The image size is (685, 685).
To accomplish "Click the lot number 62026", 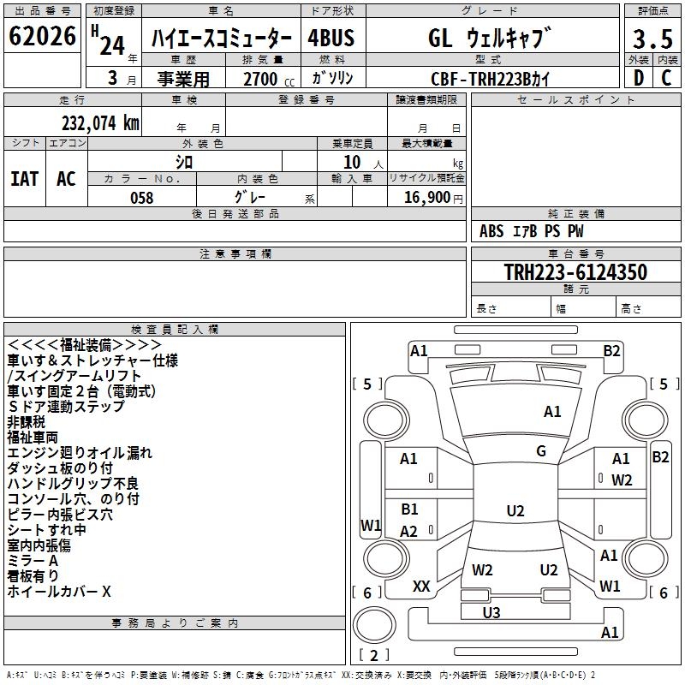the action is tap(42, 36).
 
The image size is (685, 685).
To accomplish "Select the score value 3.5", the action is tap(652, 39).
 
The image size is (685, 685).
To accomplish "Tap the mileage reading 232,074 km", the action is tap(100, 123).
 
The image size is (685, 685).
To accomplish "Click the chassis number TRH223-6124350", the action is tap(575, 271).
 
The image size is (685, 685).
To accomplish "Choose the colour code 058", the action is tap(142, 198).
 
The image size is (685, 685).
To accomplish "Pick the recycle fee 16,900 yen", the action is tap(433, 198).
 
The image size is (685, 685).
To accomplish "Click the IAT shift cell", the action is tap(25, 179).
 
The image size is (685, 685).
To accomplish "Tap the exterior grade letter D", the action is tap(639, 78).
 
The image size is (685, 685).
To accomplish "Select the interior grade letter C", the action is tap(666, 78).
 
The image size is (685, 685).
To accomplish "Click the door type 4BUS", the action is tap(331, 38).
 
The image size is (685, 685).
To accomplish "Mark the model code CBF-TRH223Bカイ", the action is tap(490, 79).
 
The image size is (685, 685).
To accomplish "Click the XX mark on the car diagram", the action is tap(421, 587).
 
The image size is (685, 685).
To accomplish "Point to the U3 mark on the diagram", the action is tap(491, 612).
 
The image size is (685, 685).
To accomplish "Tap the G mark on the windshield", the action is tap(541, 451).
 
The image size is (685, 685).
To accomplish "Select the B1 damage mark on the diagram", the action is tap(409, 509).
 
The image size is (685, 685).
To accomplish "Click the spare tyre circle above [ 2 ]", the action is tap(374, 625).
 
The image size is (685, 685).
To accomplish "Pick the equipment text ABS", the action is tap(491, 231).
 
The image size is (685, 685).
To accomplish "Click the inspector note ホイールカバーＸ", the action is tap(59, 592).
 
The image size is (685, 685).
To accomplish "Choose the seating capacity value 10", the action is tap(352, 163).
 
